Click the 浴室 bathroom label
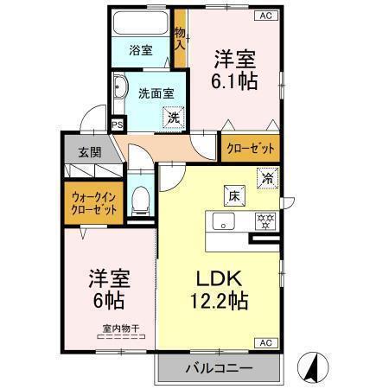click(x=141, y=50)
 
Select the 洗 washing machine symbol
click(x=175, y=117)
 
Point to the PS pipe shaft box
click(x=118, y=124)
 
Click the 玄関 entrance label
click(x=90, y=151)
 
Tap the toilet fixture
click(x=139, y=201)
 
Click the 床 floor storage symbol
click(x=234, y=194)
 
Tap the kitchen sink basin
click(x=223, y=221)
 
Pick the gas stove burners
click(x=265, y=220)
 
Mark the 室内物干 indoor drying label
click(x=121, y=328)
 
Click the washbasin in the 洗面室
click(x=121, y=88)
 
